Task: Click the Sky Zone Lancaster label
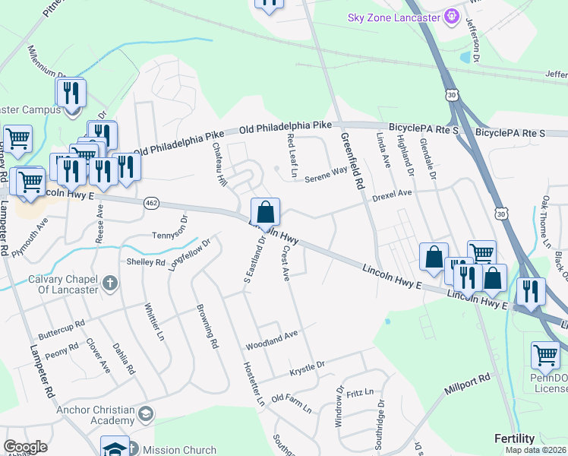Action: click(395, 17)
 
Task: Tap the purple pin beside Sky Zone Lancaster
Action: click(453, 15)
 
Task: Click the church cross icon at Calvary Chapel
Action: click(111, 284)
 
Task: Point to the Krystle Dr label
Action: click(308, 369)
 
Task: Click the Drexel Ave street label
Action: click(392, 195)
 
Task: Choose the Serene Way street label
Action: click(327, 176)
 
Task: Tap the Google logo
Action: click(26, 447)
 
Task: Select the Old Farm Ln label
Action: click(292, 403)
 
